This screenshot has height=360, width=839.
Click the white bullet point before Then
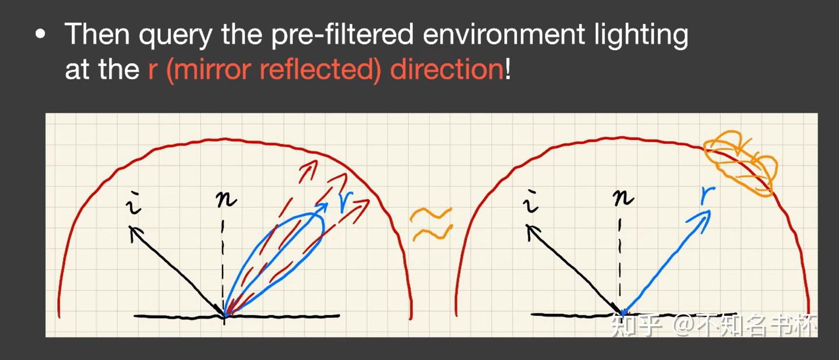[x=40, y=34]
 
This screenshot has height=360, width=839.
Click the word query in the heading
[x=175, y=36]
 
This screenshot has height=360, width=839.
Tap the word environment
[x=504, y=34]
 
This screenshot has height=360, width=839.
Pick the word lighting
[x=641, y=35]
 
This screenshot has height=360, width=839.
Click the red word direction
[x=447, y=69]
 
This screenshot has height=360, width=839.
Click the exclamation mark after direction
[x=507, y=69]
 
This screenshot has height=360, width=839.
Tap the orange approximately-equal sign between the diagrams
[x=432, y=224]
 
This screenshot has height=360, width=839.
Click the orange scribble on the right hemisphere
[x=740, y=164]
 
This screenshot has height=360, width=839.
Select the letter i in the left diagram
[x=134, y=203]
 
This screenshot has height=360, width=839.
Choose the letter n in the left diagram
[x=226, y=199]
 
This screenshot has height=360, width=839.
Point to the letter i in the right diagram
[x=530, y=201]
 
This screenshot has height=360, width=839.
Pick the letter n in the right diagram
[x=623, y=197]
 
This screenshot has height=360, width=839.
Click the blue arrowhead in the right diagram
[x=700, y=221]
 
